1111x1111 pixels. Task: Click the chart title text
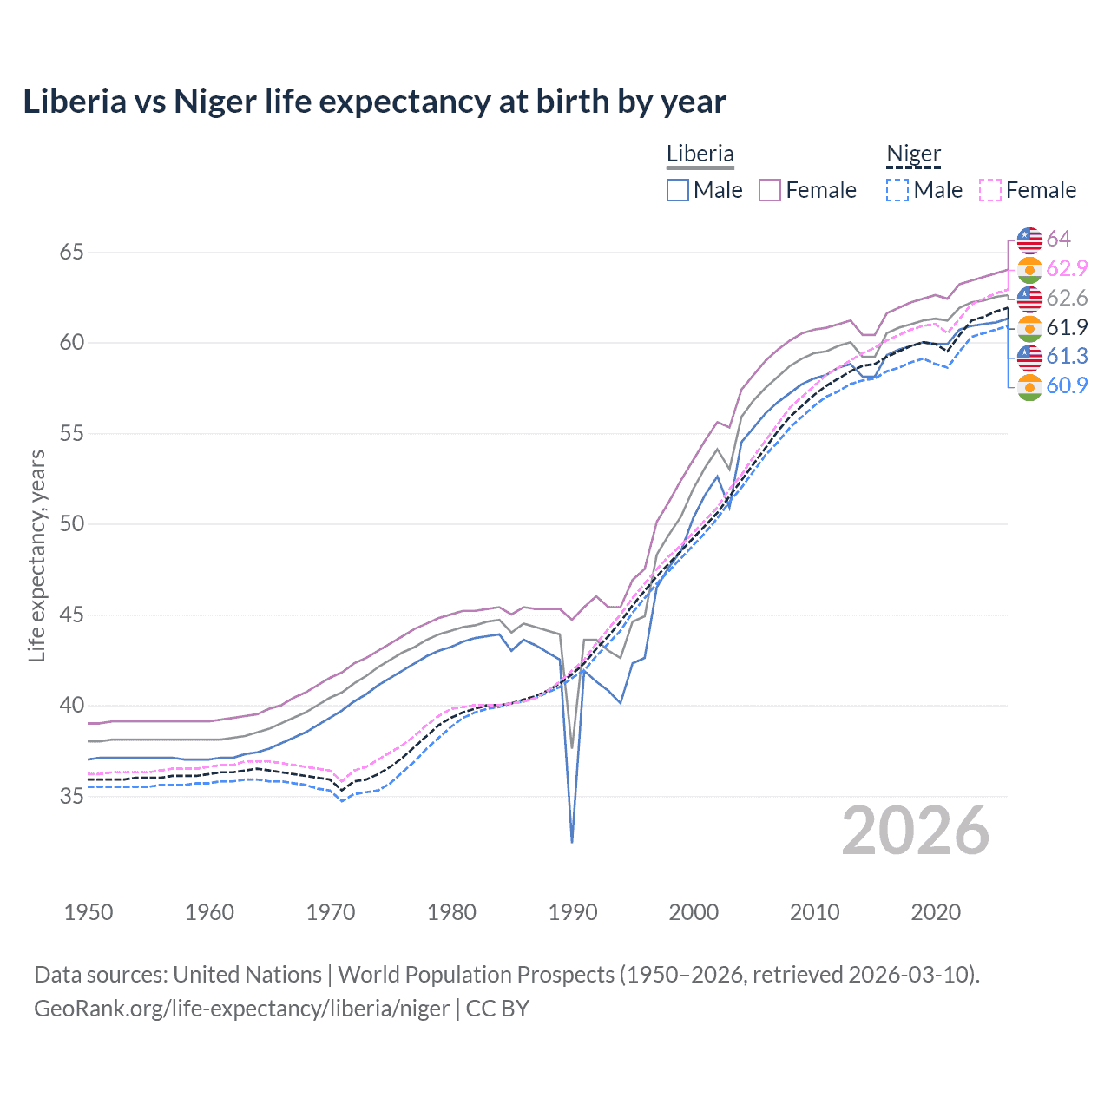374,102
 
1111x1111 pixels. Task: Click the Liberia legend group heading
700,154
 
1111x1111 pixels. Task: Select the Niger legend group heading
913,154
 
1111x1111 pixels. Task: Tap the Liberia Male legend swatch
678,190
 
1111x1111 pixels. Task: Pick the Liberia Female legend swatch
770,190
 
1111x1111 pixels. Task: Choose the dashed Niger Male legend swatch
897,190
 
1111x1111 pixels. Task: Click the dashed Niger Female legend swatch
990,190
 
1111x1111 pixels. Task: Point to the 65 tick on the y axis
72,253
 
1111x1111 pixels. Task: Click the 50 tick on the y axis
72,524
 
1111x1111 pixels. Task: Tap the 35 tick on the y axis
72,796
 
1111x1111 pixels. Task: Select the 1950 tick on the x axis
89,912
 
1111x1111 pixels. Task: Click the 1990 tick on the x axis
573,912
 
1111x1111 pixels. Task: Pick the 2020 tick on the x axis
936,912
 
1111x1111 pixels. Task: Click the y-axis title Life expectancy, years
36,555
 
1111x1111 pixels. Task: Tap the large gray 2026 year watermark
916,831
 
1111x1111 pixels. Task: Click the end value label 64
1058,239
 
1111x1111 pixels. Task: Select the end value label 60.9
1067,385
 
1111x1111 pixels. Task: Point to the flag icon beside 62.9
1029,269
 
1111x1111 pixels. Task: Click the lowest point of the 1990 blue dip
572,841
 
